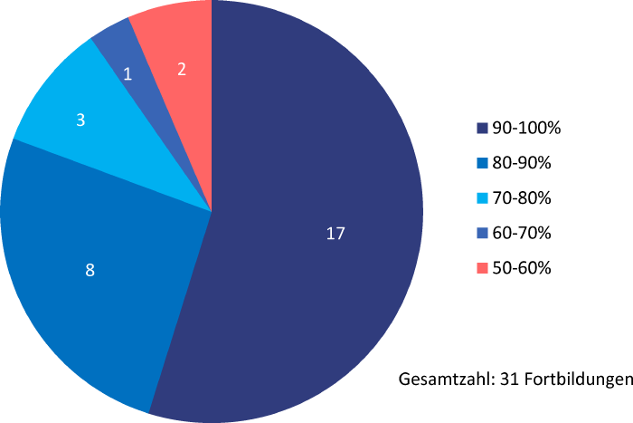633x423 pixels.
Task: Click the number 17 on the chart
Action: point(335,234)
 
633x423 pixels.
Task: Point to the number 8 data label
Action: point(90,269)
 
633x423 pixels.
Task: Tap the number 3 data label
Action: point(80,120)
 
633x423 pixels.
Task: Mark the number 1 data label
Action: point(128,74)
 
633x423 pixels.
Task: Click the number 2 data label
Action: point(182,68)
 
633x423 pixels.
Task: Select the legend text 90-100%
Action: point(526,129)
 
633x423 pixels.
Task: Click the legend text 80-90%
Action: point(522,164)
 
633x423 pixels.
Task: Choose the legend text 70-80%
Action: point(522,198)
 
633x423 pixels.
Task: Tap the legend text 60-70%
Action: point(522,234)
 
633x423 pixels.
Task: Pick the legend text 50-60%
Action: point(522,268)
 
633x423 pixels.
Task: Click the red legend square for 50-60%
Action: point(483,268)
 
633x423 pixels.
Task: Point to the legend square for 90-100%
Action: point(483,129)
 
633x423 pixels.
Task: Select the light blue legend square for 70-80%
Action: point(483,198)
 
